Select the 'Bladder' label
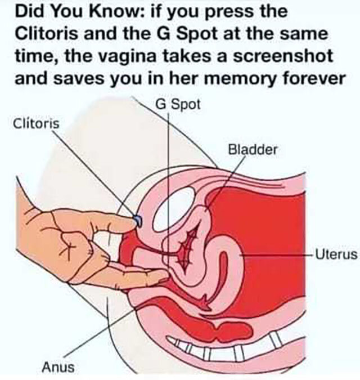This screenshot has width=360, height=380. click(x=253, y=150)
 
